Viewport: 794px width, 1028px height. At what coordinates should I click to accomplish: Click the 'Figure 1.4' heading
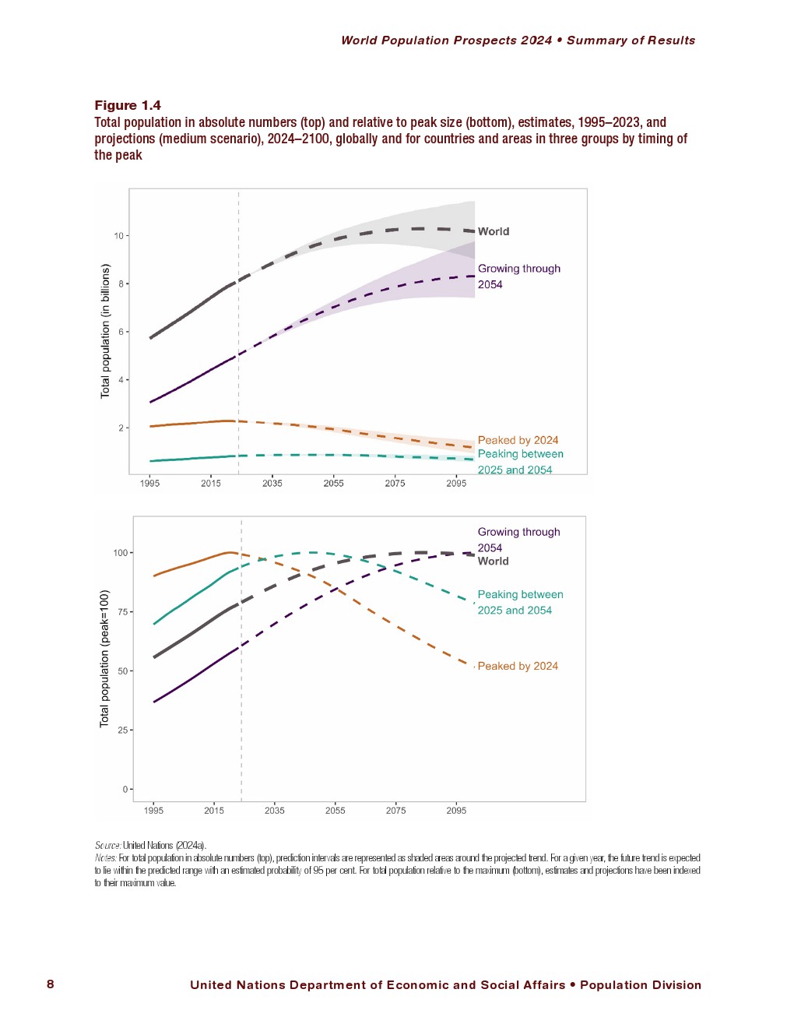point(128,105)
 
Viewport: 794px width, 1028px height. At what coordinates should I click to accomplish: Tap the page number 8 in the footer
point(51,984)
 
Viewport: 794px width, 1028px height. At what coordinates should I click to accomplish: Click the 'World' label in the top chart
point(494,231)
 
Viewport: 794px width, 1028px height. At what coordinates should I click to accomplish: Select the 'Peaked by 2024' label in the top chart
point(518,440)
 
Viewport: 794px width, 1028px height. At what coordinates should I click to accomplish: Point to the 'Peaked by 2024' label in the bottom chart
point(518,666)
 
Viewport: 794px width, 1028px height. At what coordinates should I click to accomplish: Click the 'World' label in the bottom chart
point(493,561)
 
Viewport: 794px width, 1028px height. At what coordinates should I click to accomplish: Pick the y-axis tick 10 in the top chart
point(119,235)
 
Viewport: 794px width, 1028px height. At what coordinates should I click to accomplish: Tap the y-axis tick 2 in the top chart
point(121,428)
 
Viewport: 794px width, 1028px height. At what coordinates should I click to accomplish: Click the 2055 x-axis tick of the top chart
point(333,483)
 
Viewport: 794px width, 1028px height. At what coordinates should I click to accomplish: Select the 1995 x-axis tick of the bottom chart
point(153,810)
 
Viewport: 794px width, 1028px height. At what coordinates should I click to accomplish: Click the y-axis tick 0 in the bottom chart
point(125,789)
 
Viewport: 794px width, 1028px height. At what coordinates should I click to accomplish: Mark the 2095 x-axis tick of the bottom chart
point(456,810)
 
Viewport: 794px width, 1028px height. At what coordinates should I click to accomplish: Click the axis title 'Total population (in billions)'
point(105,331)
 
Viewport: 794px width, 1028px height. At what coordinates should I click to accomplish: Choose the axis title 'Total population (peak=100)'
point(104,658)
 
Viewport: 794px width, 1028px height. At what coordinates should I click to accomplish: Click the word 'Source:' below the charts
point(107,845)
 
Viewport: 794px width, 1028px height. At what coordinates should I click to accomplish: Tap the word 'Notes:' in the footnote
point(106,857)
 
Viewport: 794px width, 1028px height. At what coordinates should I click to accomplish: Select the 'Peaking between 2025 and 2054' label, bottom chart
point(520,602)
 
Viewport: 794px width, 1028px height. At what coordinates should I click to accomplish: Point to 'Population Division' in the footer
point(640,984)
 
